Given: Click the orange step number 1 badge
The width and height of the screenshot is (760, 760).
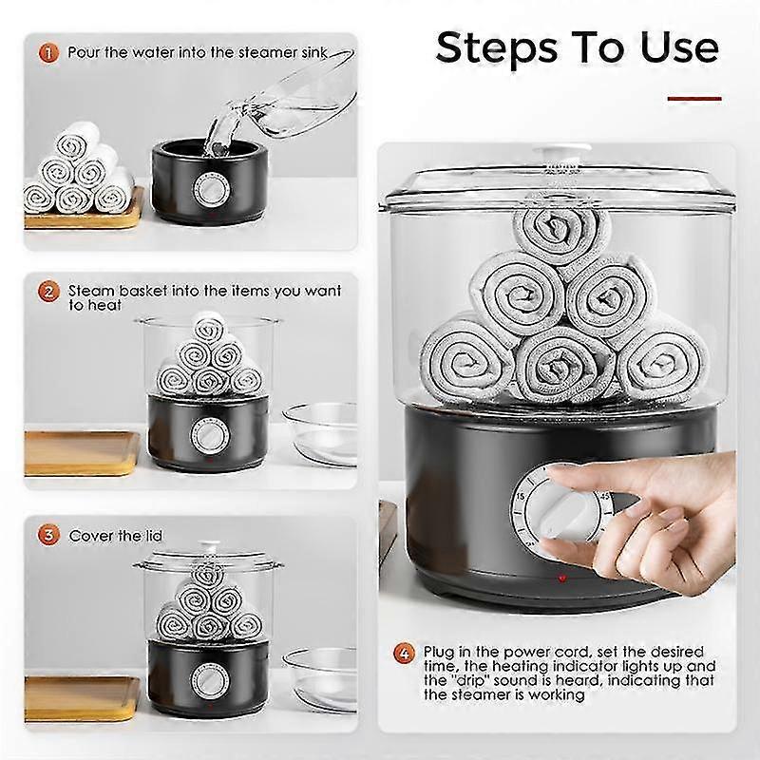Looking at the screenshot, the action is pos(48,52).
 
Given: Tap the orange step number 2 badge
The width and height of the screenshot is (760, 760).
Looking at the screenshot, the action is pos(48,292).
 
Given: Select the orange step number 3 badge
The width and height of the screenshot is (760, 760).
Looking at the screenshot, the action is pos(48,535).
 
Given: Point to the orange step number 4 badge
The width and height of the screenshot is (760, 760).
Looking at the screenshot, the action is pos(405,653).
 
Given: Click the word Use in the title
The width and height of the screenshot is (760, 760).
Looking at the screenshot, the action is pos(679,48).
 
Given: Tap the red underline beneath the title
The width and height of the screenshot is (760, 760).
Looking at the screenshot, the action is pos(694,99).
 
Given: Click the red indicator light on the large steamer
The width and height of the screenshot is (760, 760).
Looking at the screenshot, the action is pos(561,579).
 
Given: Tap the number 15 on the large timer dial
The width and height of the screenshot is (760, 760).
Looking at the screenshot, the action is pos(520,496).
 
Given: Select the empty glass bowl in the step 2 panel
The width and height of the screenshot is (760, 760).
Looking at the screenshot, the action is pos(320,434).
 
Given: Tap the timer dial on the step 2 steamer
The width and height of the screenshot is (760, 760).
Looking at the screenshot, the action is pos(209,434).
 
